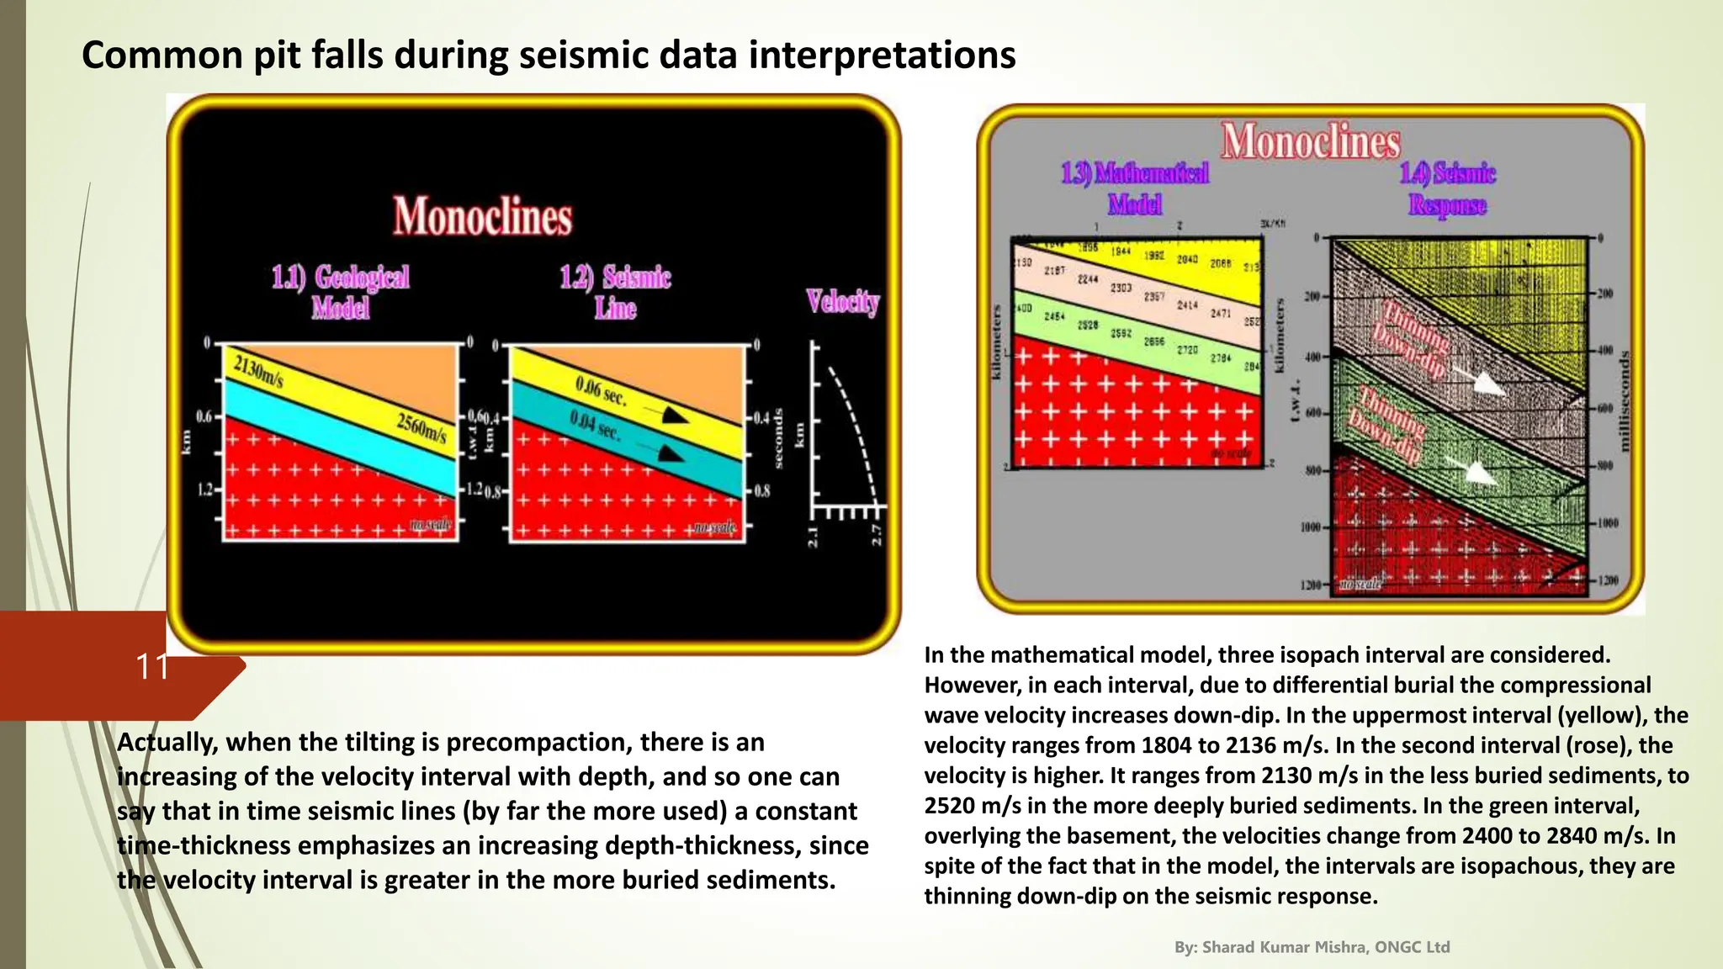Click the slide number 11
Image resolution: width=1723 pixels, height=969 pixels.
pos(152,666)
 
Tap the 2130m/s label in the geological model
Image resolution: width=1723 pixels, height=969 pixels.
pos(258,373)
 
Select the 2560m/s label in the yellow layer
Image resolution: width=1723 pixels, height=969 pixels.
pos(421,428)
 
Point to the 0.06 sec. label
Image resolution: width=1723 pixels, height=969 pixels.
pos(601,391)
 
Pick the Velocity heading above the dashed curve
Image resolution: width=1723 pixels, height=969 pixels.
pos(842,300)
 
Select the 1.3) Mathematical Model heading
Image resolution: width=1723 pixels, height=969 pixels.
pos(1135,188)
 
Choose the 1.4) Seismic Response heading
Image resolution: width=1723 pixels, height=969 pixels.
pos(1447,188)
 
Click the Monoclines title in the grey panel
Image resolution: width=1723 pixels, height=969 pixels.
pos(1310,140)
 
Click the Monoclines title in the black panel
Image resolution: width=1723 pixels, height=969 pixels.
pos(482,215)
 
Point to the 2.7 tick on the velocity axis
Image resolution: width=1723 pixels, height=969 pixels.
pos(876,534)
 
